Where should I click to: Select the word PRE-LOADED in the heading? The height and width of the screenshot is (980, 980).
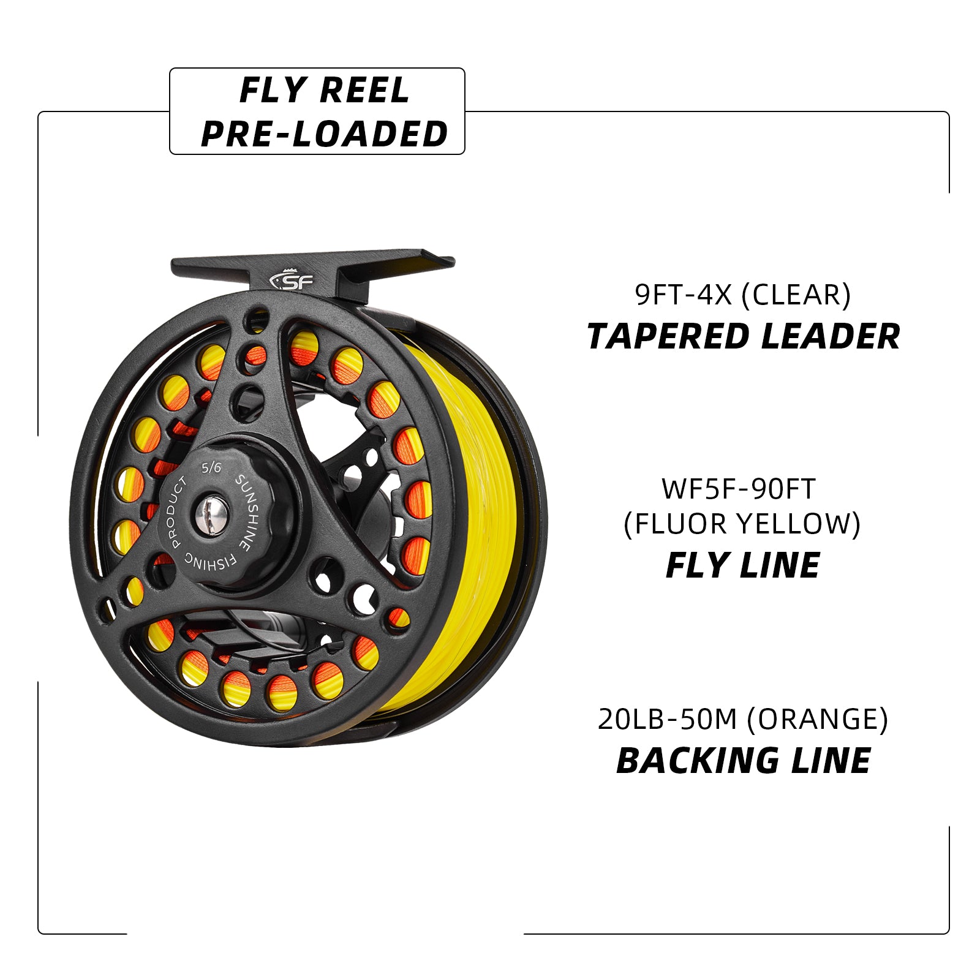click(325, 134)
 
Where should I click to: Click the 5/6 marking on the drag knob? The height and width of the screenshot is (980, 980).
click(211, 468)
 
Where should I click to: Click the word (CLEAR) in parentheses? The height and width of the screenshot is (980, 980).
click(796, 295)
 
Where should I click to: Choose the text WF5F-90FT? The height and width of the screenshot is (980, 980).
click(739, 489)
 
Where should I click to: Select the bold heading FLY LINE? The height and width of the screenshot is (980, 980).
click(742, 565)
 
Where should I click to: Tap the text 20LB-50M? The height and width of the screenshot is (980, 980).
click(667, 719)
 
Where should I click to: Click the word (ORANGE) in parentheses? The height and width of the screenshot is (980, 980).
click(818, 719)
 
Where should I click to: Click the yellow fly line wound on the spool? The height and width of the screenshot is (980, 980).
click(472, 521)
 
